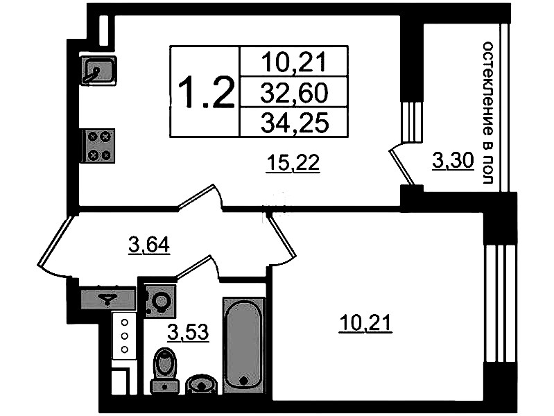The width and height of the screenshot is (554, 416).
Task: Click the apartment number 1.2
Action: (206, 92)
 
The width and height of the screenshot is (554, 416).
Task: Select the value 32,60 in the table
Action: (294, 93)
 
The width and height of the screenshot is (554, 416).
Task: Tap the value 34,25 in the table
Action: (294, 123)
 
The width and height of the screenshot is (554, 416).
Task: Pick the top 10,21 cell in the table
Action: (293, 62)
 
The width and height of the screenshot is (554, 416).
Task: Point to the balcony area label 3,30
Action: (453, 162)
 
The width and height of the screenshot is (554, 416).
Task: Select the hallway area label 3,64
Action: (149, 245)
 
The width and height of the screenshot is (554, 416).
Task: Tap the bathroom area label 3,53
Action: (188, 333)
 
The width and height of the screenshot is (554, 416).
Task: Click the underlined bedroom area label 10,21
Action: (365, 323)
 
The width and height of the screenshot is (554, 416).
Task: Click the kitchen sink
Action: (98, 71)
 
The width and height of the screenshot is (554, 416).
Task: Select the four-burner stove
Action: (98, 146)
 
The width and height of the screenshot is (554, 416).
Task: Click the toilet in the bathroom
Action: (164, 370)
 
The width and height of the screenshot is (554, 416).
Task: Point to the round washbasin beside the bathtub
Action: (201, 385)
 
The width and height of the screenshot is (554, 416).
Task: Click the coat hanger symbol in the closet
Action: (107, 300)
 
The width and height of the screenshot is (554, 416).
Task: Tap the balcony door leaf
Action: (401, 167)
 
